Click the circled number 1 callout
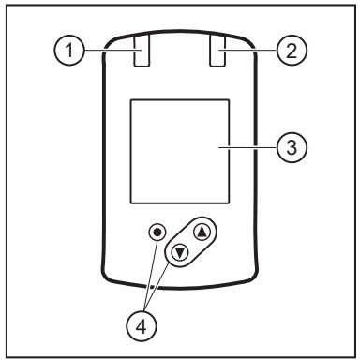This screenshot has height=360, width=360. click(x=69, y=50)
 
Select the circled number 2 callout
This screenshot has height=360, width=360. click(x=292, y=50)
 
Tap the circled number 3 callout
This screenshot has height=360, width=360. click(x=292, y=147)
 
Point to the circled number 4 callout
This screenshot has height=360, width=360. click(x=142, y=327)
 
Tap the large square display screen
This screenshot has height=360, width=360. click(x=180, y=152)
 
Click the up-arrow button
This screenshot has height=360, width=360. click(x=202, y=232)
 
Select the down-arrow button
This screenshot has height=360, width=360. click(x=180, y=252)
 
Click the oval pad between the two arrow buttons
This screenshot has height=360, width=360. click(x=191, y=242)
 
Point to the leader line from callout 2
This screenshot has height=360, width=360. click(x=247, y=50)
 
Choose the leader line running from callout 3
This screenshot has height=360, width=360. click(x=247, y=147)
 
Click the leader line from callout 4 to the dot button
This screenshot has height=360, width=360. click(x=150, y=277)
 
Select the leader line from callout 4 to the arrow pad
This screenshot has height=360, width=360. click(x=157, y=288)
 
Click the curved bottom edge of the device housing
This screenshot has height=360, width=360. click(x=180, y=287)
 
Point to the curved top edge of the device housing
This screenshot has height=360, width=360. click(x=180, y=32)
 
